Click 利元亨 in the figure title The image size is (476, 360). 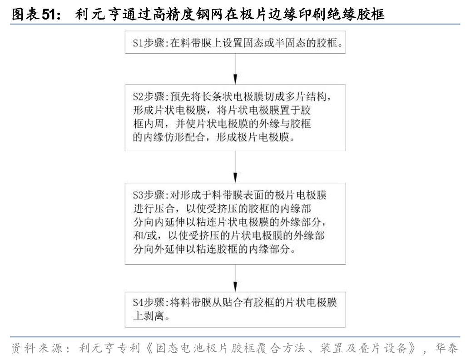89,15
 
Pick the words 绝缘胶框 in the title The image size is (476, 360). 357,15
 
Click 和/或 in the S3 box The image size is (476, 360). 144,237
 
